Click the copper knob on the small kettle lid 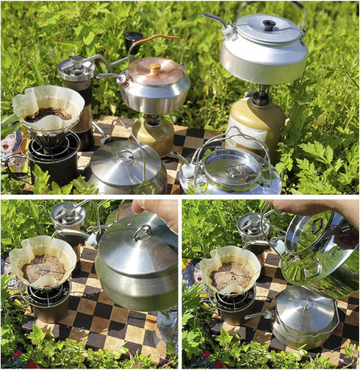pyautogui.click(x=155, y=67)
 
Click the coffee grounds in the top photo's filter pyautogui.click(x=48, y=114)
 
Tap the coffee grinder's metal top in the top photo pyautogui.click(x=76, y=67)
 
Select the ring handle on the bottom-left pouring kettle pyautogui.click(x=143, y=233)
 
